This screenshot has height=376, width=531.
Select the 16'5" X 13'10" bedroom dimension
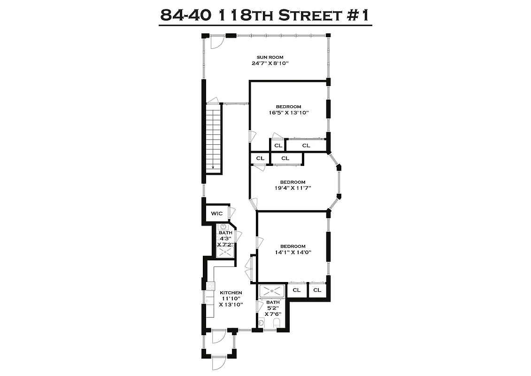click(x=289, y=113)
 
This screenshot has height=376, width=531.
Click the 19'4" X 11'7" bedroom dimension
click(x=292, y=188)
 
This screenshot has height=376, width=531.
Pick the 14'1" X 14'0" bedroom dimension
click(x=292, y=252)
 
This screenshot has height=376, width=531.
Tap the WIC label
click(x=216, y=213)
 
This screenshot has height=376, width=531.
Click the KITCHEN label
click(x=231, y=292)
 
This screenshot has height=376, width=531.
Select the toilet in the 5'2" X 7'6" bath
click(x=277, y=323)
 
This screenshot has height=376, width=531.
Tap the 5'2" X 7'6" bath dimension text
click(x=272, y=308)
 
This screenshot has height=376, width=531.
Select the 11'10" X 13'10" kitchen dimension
click(x=231, y=301)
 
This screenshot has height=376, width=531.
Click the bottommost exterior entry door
click(x=218, y=362)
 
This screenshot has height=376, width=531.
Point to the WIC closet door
click(x=230, y=213)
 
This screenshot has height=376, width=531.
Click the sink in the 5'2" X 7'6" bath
click(x=261, y=323)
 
